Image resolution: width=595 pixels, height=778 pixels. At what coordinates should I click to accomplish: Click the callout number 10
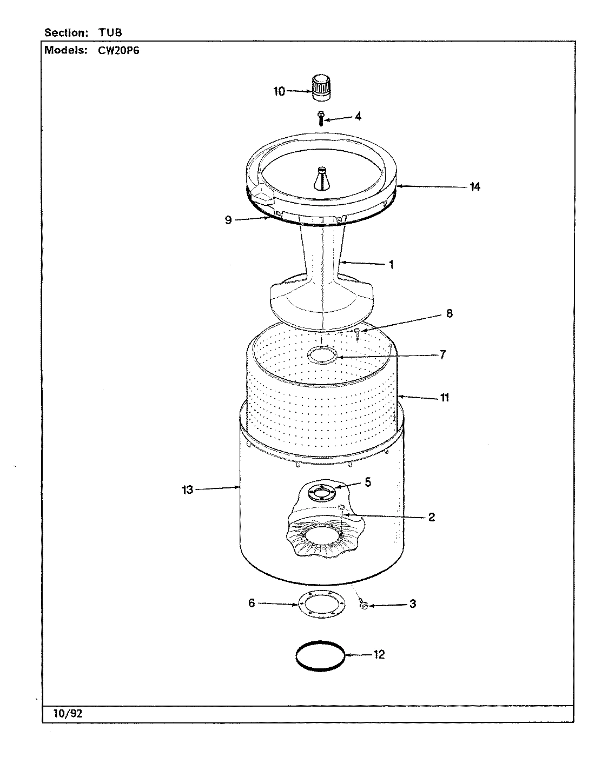pyautogui.click(x=279, y=92)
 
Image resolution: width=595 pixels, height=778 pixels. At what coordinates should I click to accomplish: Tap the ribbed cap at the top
pyautogui.click(x=321, y=88)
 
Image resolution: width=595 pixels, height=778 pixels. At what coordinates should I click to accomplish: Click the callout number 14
pyautogui.click(x=474, y=187)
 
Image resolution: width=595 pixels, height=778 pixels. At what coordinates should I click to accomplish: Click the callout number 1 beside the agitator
pyautogui.click(x=391, y=265)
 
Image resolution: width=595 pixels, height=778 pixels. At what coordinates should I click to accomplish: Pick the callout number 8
pyautogui.click(x=449, y=313)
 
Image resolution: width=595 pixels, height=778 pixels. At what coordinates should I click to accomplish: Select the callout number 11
pyautogui.click(x=444, y=398)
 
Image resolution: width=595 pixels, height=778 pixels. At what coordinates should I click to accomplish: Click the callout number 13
pyautogui.click(x=187, y=491)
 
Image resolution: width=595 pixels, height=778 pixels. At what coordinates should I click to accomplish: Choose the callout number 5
pyautogui.click(x=368, y=482)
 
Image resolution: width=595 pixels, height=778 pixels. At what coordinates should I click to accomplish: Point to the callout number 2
pyautogui.click(x=431, y=517)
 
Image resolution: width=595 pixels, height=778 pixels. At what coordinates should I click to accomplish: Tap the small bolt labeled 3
pyautogui.click(x=363, y=606)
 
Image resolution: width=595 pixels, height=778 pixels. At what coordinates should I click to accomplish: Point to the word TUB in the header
pyautogui.click(x=110, y=32)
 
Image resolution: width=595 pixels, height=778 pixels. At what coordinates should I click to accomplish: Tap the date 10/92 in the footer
pyautogui.click(x=68, y=714)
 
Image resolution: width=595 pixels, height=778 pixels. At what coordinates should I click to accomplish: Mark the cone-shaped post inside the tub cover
pyautogui.click(x=321, y=178)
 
